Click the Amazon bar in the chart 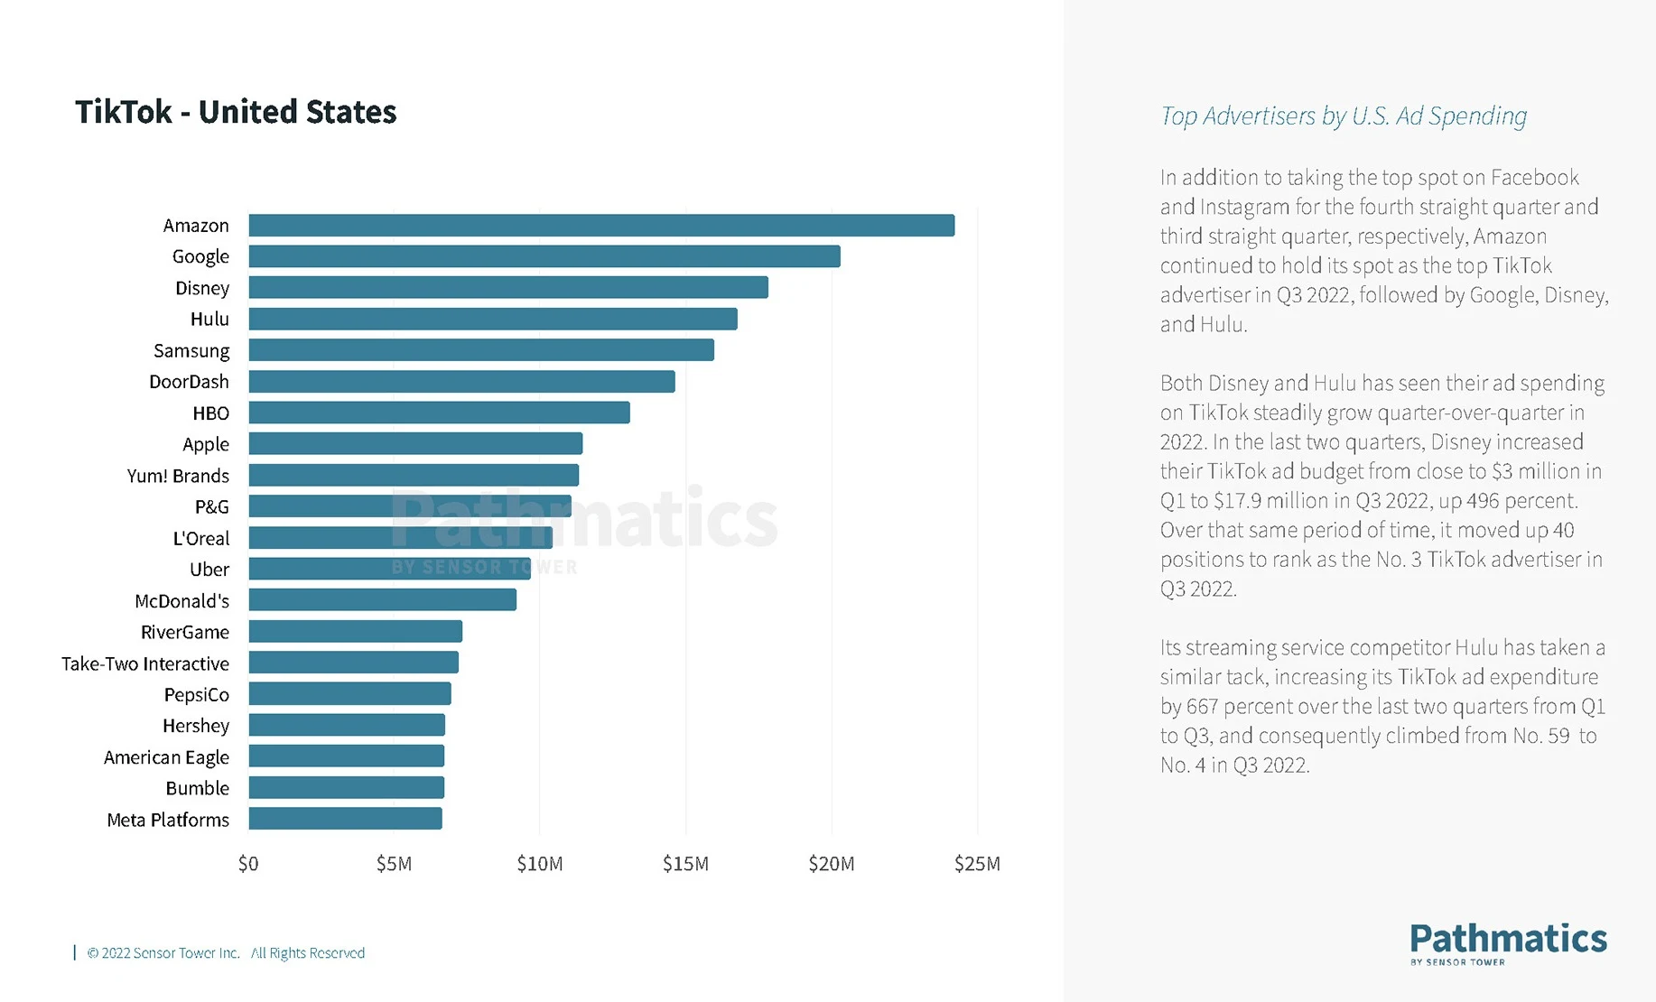coord(601,226)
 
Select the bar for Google coord(544,256)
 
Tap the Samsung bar coord(481,350)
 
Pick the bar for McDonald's coord(383,600)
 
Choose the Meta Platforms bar coord(346,819)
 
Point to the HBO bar coord(439,413)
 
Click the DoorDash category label coord(189,382)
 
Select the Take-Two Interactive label coord(145,663)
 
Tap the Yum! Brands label coord(178,476)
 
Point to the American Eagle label coord(166,757)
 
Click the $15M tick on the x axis coord(685,864)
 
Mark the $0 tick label coord(248,864)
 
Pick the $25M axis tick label coord(977,864)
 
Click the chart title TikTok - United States coord(236,112)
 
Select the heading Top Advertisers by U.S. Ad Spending coord(1343,116)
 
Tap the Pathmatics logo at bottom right coord(1508,942)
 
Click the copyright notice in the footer coord(226,953)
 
